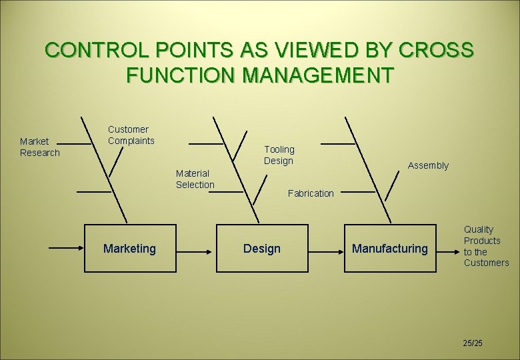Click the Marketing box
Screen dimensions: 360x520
130,249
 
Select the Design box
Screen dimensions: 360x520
262,249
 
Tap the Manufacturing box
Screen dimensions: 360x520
390,249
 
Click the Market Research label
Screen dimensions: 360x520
39,147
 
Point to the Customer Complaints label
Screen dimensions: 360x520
131,135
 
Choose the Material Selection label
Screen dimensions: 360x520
195,179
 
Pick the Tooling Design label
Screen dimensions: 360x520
279,155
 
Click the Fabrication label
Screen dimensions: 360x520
311,193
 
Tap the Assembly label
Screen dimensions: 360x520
428,165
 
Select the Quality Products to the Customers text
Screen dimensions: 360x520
486,246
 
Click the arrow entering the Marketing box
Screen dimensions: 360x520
65,248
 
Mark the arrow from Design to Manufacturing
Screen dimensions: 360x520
326,249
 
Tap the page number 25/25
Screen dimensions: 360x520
473,343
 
